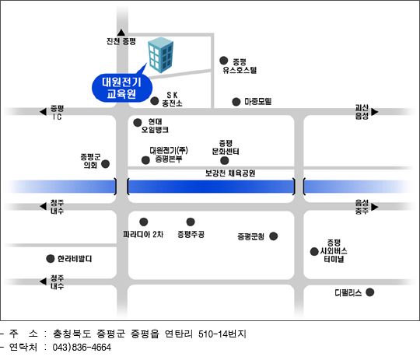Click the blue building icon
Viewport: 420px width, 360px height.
coord(161,55)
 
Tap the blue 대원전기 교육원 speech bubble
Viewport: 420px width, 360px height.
coord(122,88)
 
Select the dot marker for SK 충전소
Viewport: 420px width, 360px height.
coord(155,101)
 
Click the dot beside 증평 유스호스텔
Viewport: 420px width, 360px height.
coord(224,61)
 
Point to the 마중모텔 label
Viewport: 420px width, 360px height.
coord(258,102)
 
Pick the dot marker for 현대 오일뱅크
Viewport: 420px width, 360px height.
coord(138,123)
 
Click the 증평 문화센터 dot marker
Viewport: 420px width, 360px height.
coord(225,160)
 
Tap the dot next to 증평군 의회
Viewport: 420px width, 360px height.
coord(106,164)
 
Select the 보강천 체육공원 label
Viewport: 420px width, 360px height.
coord(230,173)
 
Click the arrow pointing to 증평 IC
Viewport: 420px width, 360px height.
coord(43,112)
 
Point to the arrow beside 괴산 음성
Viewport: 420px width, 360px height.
coord(375,112)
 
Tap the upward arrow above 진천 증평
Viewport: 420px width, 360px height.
coord(121,33)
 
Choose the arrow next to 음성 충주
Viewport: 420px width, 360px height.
coord(375,207)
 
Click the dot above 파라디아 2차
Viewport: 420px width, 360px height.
coord(144,222)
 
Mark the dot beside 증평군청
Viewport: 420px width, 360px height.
coord(274,236)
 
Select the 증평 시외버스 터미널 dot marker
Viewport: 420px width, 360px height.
coord(314,251)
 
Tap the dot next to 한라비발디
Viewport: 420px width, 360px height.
coord(51,259)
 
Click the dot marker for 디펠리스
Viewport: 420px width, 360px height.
coord(370,292)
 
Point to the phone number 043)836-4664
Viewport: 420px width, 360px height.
coord(82,348)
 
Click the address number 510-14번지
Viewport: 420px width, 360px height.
coord(222,334)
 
